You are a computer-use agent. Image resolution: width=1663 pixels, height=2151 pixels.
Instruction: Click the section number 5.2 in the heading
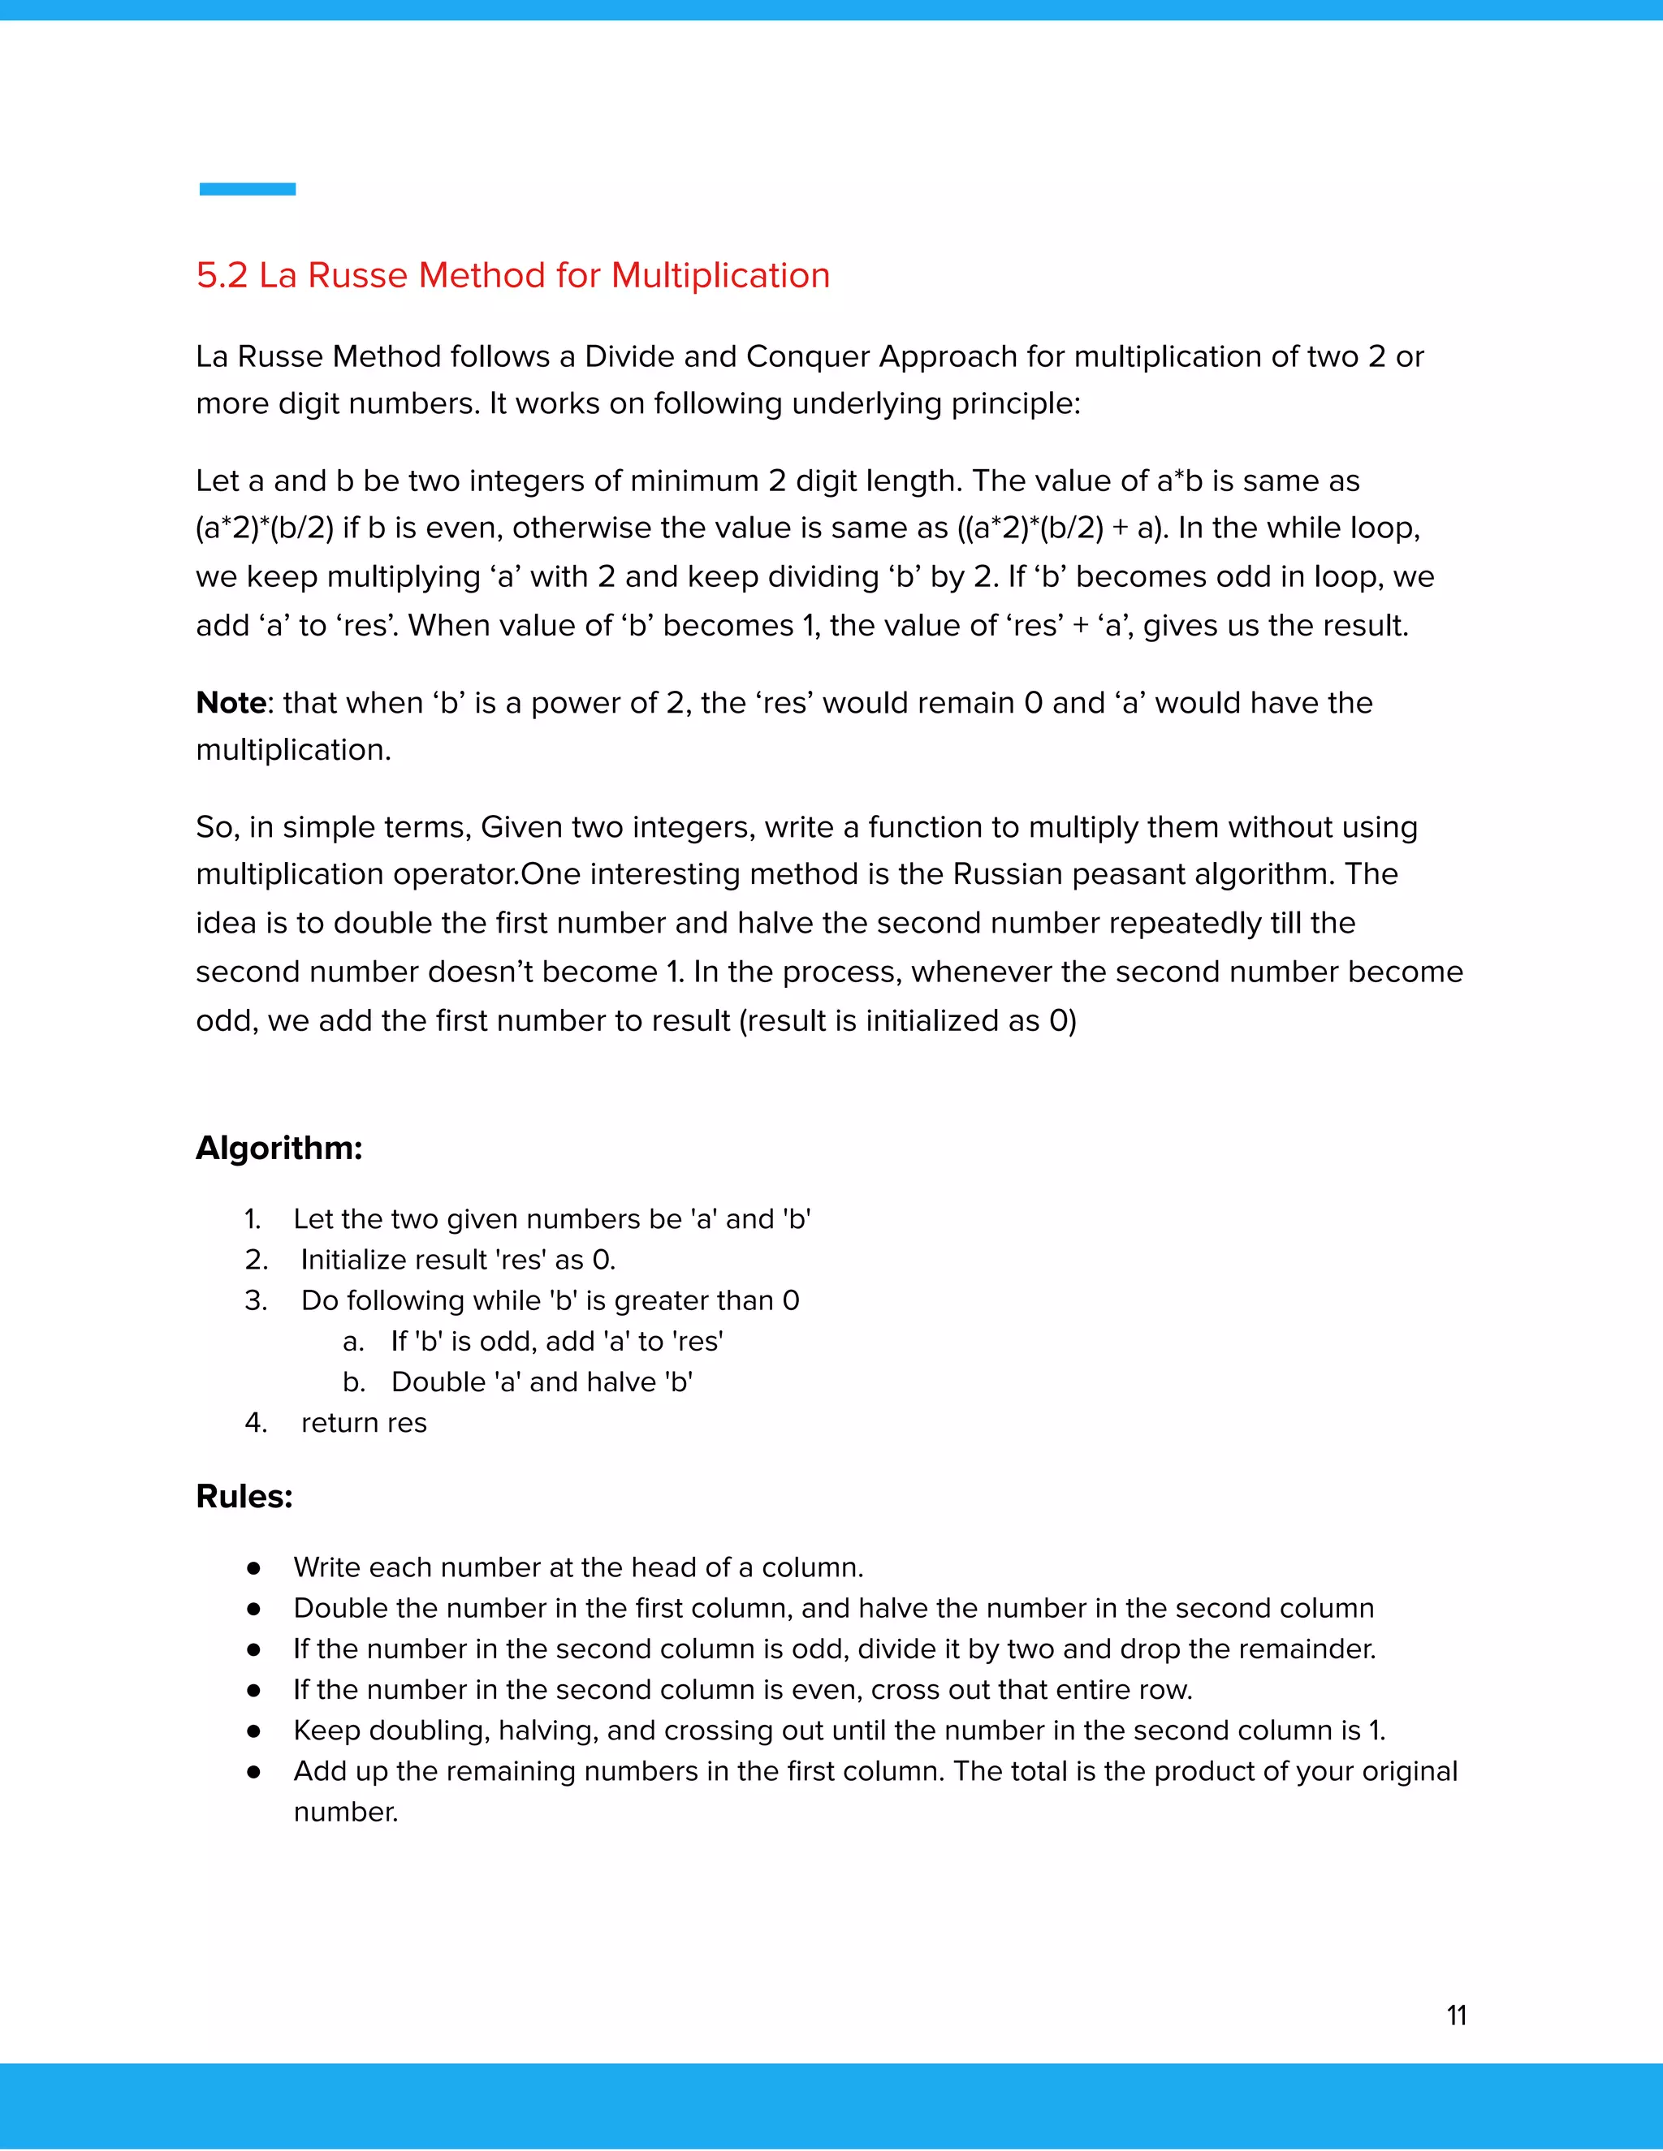tap(222, 276)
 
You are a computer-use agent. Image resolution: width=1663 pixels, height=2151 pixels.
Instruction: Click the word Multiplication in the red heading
tap(720, 276)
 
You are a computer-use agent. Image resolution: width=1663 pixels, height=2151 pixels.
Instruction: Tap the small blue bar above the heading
tap(248, 189)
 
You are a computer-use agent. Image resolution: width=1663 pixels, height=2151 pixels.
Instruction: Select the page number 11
tap(1456, 2015)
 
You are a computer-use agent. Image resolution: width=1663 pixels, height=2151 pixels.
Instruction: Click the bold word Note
tap(231, 703)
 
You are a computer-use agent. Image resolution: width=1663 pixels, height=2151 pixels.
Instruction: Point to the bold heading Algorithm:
tap(279, 1149)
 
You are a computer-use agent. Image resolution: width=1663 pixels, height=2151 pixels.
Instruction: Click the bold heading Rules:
tap(244, 1497)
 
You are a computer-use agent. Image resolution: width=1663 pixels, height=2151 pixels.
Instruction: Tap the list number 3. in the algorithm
tap(255, 1301)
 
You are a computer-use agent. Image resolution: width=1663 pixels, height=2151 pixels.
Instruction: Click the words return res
tap(364, 1423)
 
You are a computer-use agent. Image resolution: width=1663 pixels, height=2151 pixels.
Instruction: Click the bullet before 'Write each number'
tap(254, 1568)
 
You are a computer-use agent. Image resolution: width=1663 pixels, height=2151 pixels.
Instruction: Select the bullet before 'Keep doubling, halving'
tap(254, 1731)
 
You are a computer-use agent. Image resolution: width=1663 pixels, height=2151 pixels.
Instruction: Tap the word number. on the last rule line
tap(346, 1813)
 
